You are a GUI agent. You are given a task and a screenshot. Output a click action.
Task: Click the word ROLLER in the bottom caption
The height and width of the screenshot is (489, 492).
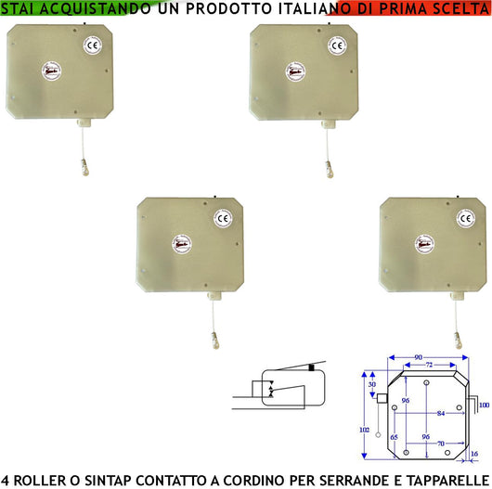pos(40,480)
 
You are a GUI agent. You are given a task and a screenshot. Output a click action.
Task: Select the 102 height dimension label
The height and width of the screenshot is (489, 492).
pos(364,429)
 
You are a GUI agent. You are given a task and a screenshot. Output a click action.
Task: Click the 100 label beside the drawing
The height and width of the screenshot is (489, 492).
pos(482,405)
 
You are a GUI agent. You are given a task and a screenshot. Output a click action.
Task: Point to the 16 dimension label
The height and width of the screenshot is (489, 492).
pos(475,455)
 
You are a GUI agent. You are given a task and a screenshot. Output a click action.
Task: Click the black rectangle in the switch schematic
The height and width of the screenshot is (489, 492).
pos(311,369)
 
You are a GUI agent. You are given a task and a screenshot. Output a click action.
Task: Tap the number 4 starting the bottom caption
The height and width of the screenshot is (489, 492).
pos(6,480)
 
